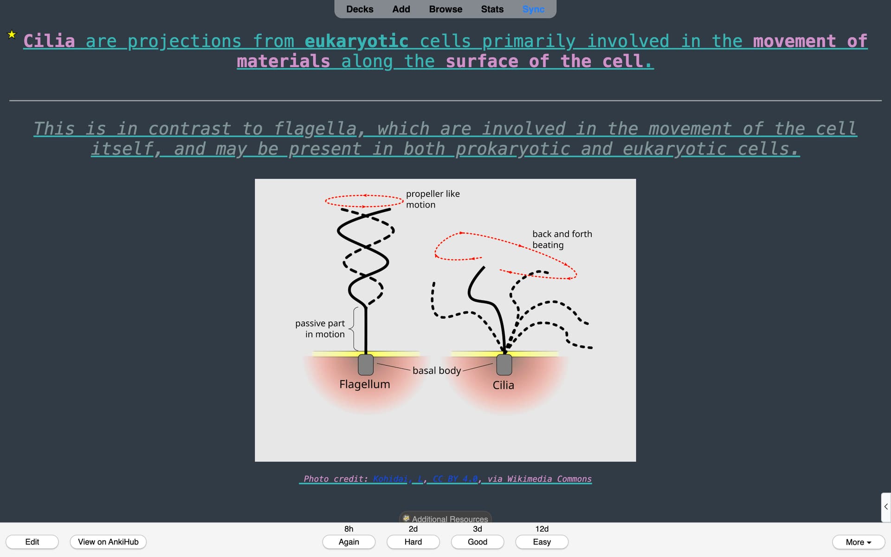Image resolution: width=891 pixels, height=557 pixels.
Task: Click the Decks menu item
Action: coord(360,9)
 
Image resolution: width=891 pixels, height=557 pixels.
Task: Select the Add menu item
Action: coord(401,9)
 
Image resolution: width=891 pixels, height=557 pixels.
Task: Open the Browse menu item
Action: coord(445,9)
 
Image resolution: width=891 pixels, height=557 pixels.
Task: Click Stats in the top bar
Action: coord(492,9)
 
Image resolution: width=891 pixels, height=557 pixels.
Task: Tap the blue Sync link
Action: coord(533,9)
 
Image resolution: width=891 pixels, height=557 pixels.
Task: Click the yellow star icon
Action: coord(12,34)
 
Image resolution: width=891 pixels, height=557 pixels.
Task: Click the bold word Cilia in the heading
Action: coord(49,41)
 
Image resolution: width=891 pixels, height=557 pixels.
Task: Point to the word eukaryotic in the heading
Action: coord(356,41)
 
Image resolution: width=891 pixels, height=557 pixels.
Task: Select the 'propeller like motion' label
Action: coord(433,199)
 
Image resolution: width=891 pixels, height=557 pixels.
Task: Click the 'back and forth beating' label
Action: coord(562,240)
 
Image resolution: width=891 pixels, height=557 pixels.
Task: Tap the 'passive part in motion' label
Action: coord(320,329)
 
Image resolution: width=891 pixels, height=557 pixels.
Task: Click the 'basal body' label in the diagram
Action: coord(437,370)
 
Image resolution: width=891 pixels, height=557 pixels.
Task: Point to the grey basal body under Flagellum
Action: coord(366,365)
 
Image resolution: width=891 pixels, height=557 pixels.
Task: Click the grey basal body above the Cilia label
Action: coord(504,365)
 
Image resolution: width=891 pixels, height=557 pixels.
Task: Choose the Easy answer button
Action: coord(542,542)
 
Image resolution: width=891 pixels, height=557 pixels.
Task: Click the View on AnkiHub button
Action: coord(108,542)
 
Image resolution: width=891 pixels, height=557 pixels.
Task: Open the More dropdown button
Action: coord(858,542)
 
